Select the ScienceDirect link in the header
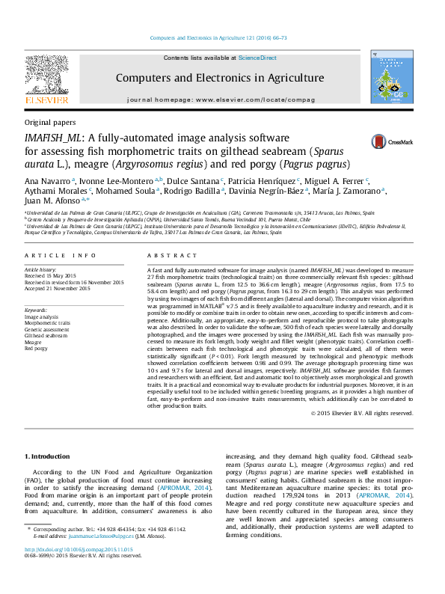[257, 58]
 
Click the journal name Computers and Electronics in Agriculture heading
[219, 78]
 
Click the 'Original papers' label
[49, 122]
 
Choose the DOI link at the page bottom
[79, 550]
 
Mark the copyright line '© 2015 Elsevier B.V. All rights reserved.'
[362, 412]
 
